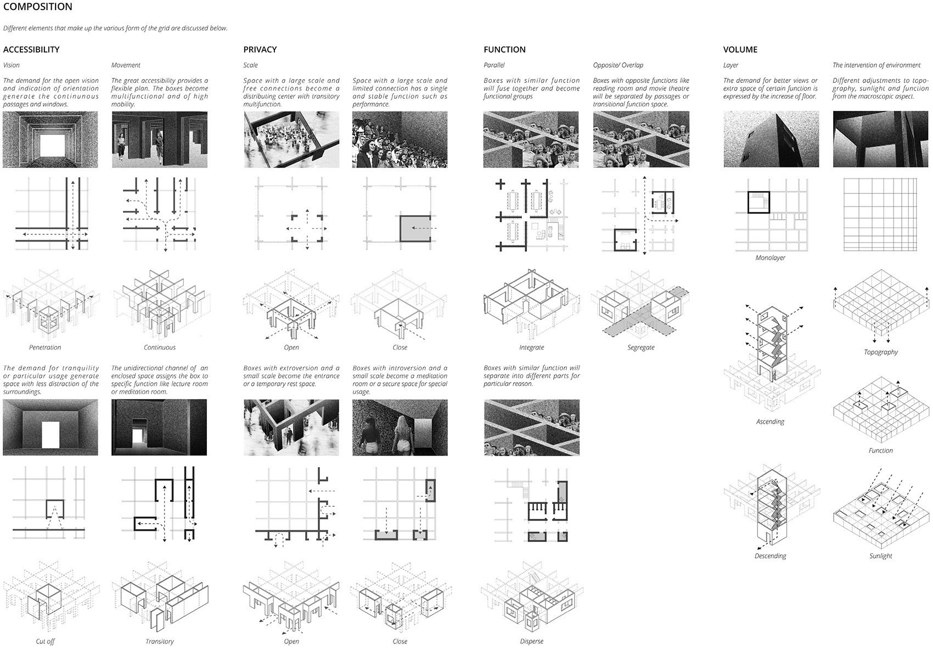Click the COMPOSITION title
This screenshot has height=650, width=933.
pyautogui.click(x=37, y=7)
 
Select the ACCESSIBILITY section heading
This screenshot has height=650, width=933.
pyautogui.click(x=31, y=49)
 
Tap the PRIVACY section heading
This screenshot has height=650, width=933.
pyautogui.click(x=260, y=49)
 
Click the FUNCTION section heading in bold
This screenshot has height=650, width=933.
pyautogui.click(x=504, y=49)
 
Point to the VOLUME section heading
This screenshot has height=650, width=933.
pyautogui.click(x=740, y=49)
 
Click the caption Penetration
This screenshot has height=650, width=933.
pyautogui.click(x=45, y=348)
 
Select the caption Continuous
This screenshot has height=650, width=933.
pyautogui.click(x=160, y=348)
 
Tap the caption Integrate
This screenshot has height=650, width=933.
pyautogui.click(x=531, y=348)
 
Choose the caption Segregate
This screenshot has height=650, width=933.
pyautogui.click(x=641, y=348)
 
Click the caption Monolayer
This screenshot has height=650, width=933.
pyautogui.click(x=770, y=258)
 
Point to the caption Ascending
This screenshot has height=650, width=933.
pyautogui.click(x=770, y=422)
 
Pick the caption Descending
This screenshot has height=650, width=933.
pyautogui.click(x=770, y=556)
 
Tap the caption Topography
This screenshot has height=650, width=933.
pyautogui.click(x=880, y=352)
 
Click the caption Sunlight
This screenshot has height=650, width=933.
pyautogui.click(x=880, y=556)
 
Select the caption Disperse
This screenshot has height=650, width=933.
pyautogui.click(x=531, y=642)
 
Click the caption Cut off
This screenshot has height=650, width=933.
pyautogui.click(x=45, y=642)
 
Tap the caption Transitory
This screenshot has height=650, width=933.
pyautogui.click(x=160, y=642)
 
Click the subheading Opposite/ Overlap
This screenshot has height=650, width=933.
pyautogui.click(x=618, y=65)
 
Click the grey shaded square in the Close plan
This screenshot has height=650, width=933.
pyautogui.click(x=415, y=228)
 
